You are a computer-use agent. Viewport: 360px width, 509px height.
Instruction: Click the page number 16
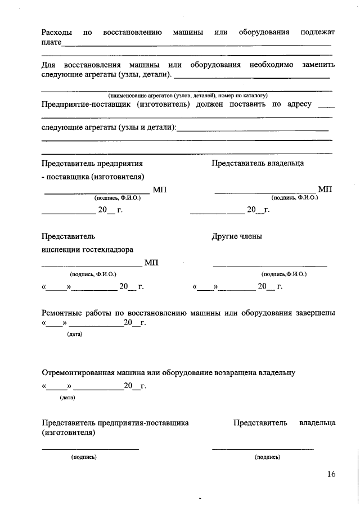coord(331,474)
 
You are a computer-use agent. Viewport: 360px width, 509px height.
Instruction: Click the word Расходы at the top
coord(58,33)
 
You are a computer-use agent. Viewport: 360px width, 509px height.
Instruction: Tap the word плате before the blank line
coord(52,43)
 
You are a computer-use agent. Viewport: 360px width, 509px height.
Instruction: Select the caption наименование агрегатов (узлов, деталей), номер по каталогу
coord(187,96)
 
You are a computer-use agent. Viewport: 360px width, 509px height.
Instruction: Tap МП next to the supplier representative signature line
coord(160,190)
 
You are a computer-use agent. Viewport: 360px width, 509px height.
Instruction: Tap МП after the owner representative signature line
coord(325,190)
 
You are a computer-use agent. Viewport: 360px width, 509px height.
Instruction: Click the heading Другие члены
coord(237,236)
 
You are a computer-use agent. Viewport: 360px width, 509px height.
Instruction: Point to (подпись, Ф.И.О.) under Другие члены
coord(284,274)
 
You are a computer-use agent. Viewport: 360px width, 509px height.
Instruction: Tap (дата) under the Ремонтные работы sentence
coord(75,334)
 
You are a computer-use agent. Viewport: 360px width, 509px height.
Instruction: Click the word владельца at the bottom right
coord(318,422)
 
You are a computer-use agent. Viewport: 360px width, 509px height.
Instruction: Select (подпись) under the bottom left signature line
coord(84,457)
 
